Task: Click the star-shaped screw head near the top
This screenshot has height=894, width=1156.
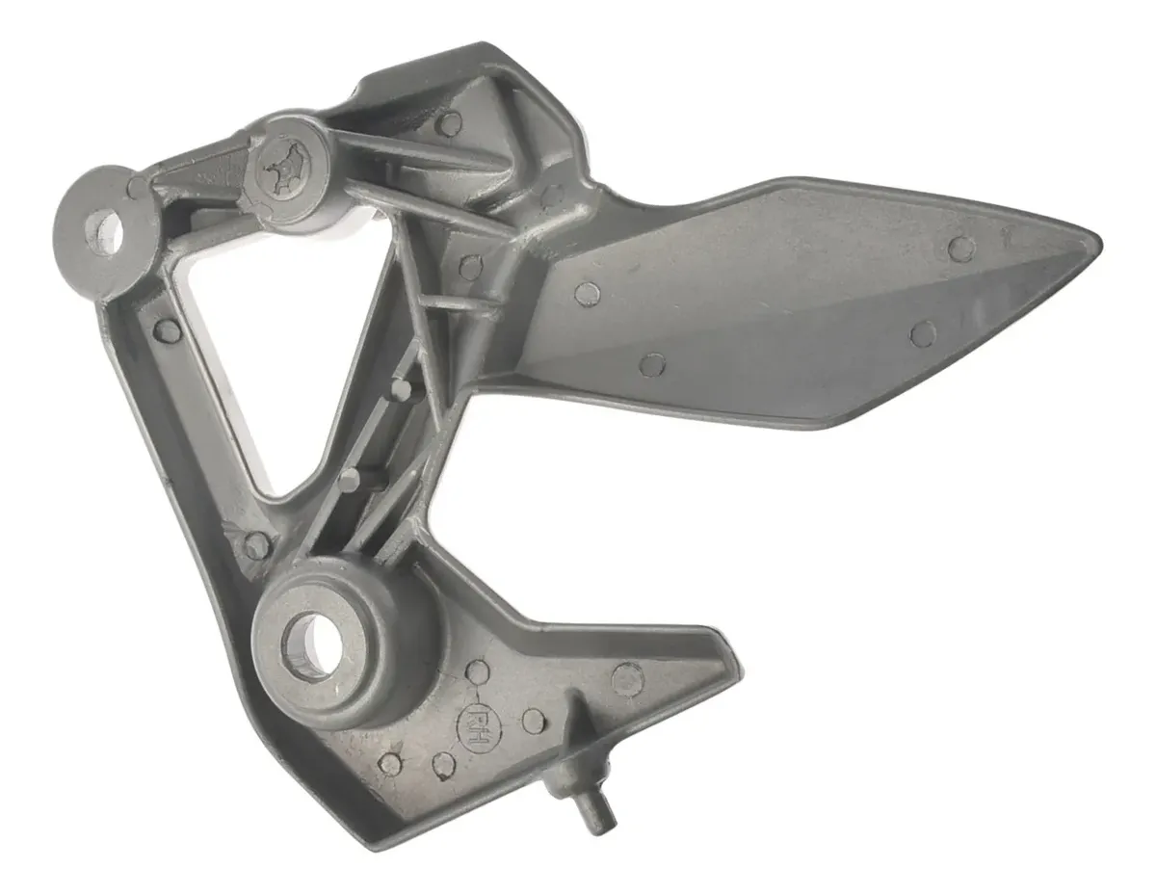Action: coord(287,166)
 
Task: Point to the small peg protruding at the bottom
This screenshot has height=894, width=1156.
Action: coord(593,808)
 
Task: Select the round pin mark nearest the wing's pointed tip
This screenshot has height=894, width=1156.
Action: coord(961,249)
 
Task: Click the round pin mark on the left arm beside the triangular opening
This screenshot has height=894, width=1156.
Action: coord(167,329)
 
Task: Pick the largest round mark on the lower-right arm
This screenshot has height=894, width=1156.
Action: coord(628,678)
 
